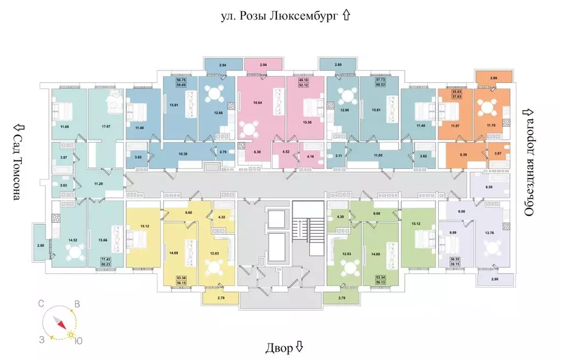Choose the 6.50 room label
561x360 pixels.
[x=491, y=187]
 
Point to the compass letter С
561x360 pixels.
[x=41, y=303]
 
